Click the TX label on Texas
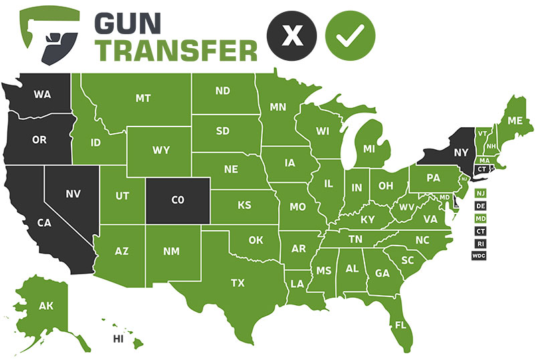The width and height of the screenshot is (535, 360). point(237,283)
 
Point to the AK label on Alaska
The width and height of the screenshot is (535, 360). point(45,306)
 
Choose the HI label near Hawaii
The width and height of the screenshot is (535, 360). point(118,339)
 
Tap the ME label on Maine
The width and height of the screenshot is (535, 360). point(515,121)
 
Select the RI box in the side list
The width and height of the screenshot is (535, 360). point(480,243)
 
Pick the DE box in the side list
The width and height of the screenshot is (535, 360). point(480,205)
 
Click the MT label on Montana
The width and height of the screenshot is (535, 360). point(143,98)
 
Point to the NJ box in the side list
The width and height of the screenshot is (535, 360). point(480,193)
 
